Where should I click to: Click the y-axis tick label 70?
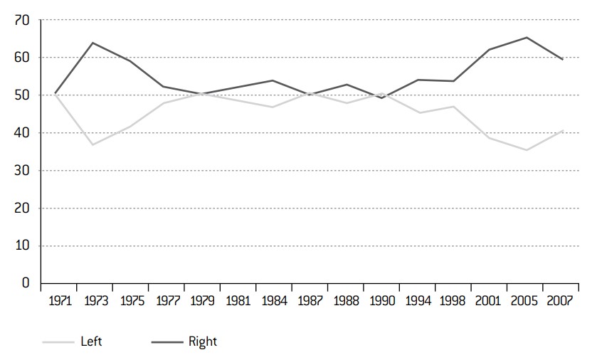point(22,20)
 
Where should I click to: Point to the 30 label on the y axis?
point(22,171)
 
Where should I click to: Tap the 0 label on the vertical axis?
point(26,282)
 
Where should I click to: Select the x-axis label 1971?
point(60,301)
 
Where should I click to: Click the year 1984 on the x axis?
point(274,301)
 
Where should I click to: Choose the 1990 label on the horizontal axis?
point(382,301)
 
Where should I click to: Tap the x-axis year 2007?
point(560,301)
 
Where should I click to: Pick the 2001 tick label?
point(487,301)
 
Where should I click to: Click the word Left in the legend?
point(91,342)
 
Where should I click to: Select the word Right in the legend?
point(203,342)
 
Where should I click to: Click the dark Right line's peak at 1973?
point(93,43)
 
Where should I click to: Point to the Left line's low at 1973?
point(93,144)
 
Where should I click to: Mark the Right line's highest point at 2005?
point(527,37)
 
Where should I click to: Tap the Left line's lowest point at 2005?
point(527,150)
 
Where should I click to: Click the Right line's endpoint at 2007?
point(563,59)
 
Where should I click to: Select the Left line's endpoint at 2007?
point(563,130)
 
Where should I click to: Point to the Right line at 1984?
point(273,80)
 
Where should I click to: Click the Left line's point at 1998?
point(453,107)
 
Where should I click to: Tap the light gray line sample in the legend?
point(58,342)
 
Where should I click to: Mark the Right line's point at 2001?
point(490,50)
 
